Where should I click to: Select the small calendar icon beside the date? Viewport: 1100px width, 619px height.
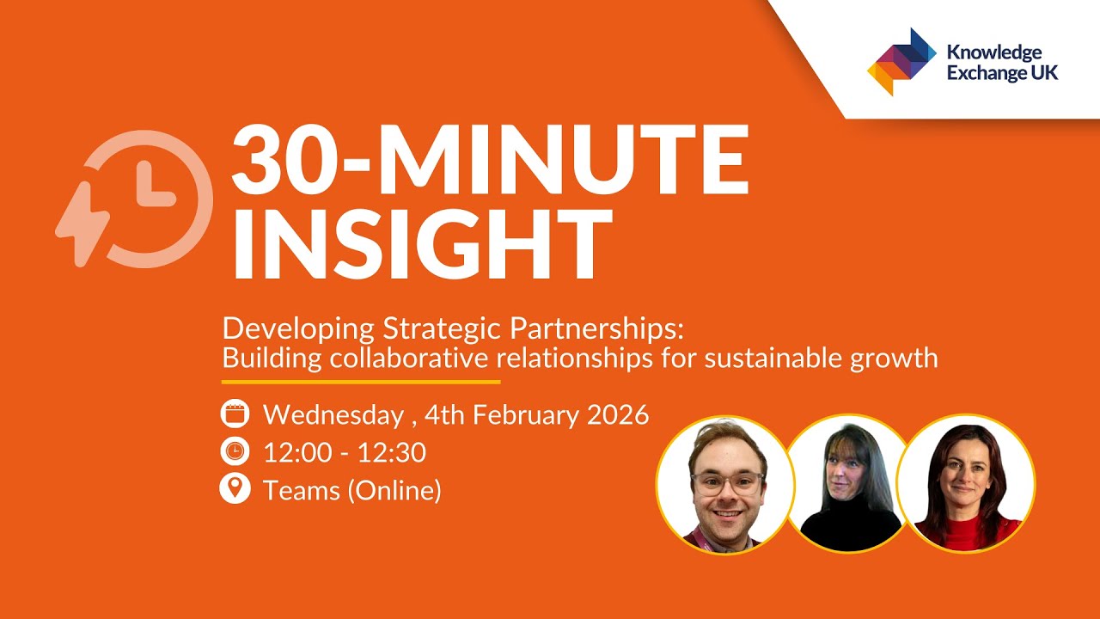(235, 414)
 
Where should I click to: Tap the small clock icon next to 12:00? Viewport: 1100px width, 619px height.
(235, 451)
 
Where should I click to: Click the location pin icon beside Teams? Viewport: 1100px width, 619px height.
(235, 489)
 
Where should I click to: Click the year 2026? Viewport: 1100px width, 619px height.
(618, 415)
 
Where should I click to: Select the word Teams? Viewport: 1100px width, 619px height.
(301, 490)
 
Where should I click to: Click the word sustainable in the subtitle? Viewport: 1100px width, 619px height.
(772, 357)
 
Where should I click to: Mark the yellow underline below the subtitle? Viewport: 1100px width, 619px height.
(361, 381)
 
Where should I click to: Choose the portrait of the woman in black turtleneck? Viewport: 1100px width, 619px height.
(849, 486)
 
